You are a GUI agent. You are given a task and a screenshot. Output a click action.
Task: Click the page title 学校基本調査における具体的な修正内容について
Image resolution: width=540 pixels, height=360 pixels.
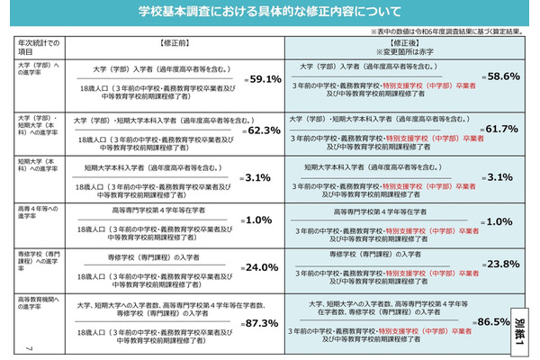pos(269,14)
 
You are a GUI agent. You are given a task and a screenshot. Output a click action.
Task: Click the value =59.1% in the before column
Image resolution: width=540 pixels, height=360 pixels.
pos(263,79)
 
